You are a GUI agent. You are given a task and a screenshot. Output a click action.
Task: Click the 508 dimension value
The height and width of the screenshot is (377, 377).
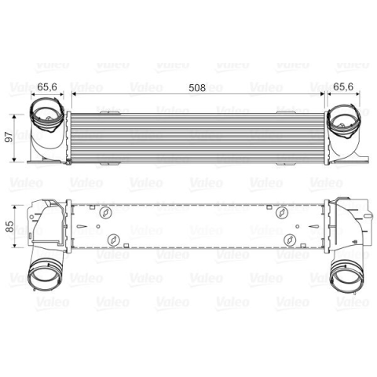pos(197,88)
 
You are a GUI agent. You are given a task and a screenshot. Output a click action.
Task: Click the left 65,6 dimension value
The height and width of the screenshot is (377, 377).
pos(47,87)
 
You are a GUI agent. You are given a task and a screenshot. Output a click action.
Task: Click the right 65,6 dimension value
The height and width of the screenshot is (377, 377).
pos(343,86)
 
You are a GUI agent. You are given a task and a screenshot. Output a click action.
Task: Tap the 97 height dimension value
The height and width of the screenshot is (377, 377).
pos(9,137)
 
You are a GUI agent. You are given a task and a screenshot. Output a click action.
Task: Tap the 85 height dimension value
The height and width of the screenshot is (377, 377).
pos(9,226)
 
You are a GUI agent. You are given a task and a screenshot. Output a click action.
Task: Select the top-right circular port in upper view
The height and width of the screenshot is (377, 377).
pos(344,121)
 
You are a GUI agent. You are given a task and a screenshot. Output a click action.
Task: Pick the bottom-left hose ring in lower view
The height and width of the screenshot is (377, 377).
pos(45,273)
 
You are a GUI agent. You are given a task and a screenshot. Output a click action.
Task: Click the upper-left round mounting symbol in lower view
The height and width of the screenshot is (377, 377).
pos(106,212)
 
